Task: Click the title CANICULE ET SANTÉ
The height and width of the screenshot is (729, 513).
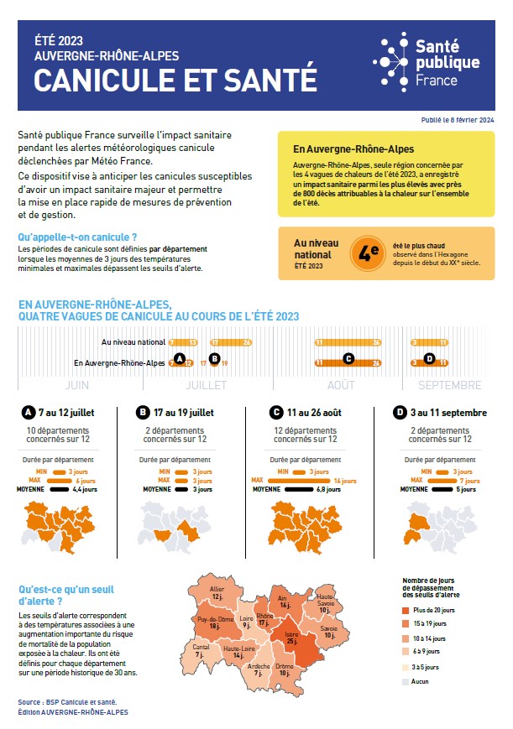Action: [x=175, y=80]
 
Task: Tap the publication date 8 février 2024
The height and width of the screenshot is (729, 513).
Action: [x=457, y=121]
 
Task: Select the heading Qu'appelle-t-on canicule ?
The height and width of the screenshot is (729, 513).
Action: [x=77, y=238]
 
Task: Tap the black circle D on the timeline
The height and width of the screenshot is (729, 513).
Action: [x=429, y=359]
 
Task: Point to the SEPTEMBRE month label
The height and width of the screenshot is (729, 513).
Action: [x=451, y=385]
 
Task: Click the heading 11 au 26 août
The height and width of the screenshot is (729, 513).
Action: [x=315, y=413]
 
